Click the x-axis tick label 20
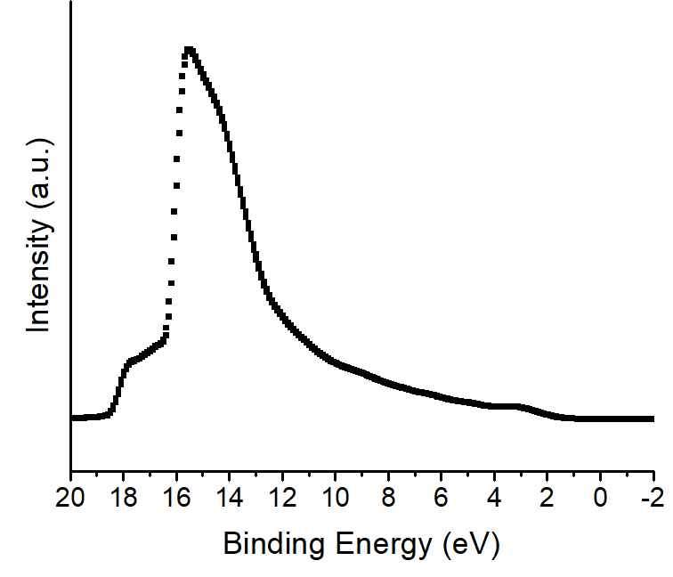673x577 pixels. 71,497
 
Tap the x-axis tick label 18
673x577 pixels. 124,497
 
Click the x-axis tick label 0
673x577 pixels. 601,497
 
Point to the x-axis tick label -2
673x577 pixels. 651,497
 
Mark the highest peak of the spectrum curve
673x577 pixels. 189,50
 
